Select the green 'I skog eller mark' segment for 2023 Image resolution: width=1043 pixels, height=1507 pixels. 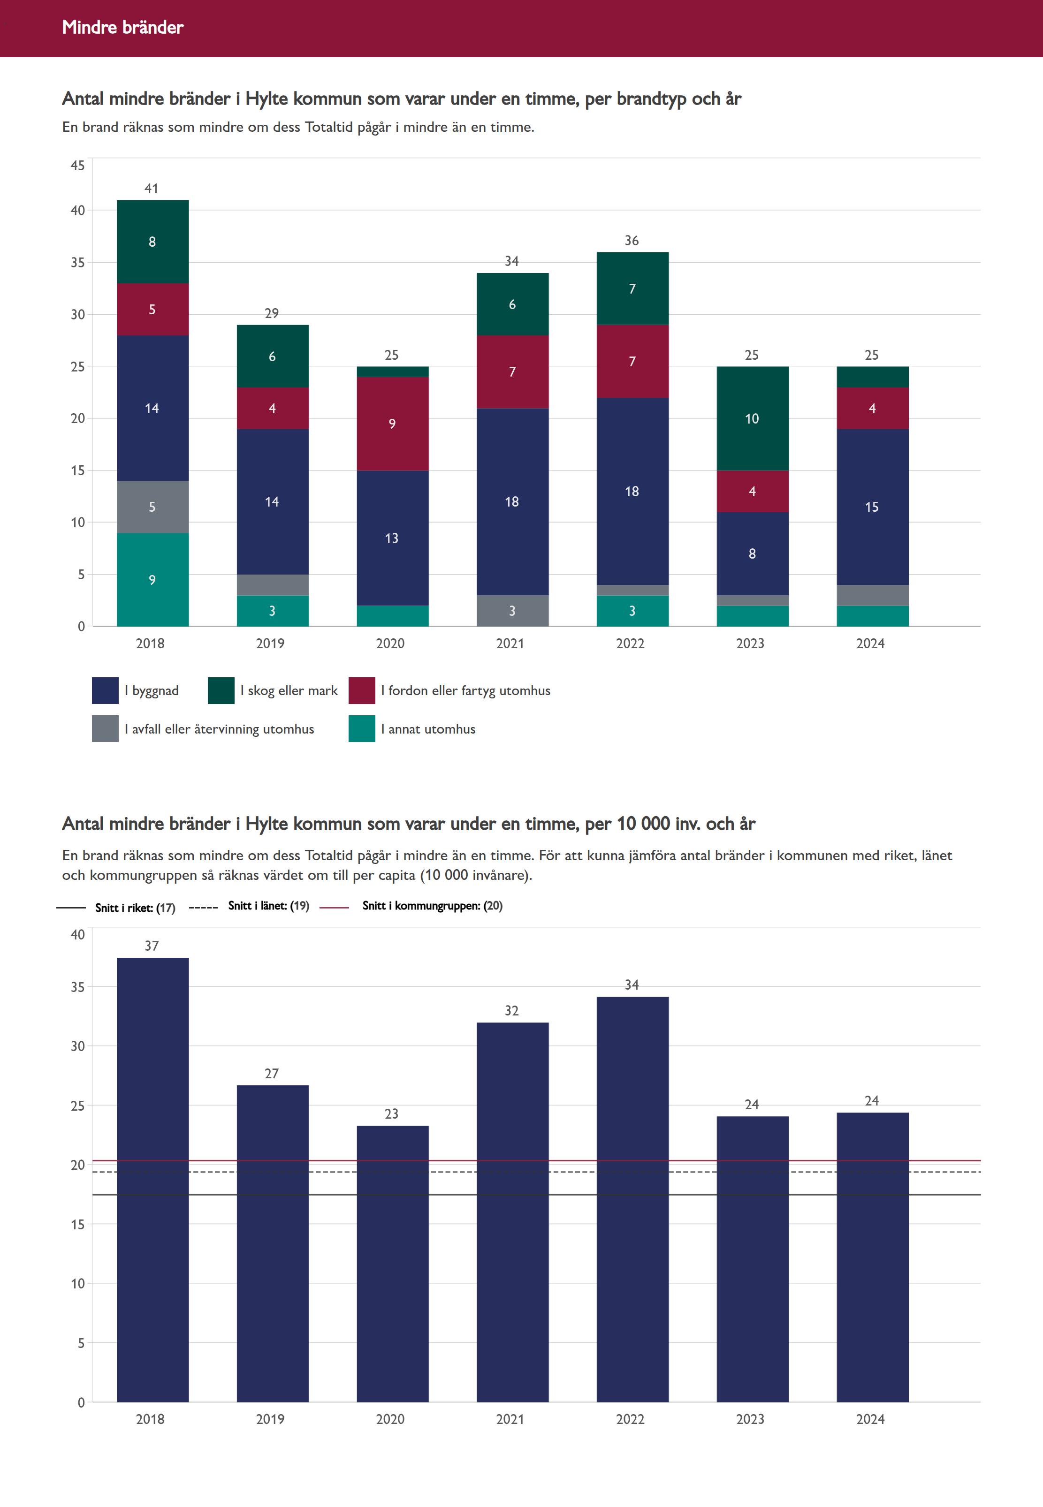point(752,418)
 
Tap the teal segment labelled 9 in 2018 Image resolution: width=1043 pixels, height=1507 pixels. point(152,579)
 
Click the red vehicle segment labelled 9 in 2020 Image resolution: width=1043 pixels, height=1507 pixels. point(392,423)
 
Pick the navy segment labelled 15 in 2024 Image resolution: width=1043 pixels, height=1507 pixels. point(872,506)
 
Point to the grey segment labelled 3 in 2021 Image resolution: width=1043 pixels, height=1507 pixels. point(512,611)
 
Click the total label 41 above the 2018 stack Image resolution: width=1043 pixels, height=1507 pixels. point(152,189)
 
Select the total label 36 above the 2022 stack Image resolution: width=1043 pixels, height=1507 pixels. point(632,241)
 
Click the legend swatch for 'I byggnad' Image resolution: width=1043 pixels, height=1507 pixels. point(105,690)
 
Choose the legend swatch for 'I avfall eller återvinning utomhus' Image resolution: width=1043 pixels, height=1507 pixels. point(105,729)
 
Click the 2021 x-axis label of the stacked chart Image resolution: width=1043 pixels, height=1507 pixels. point(510,644)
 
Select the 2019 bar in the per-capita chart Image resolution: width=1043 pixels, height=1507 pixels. point(273,1241)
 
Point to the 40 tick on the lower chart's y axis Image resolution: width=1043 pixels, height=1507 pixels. point(78,935)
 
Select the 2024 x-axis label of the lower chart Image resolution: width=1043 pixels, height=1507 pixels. point(870,1419)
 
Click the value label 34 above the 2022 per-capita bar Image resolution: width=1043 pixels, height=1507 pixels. point(632,985)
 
